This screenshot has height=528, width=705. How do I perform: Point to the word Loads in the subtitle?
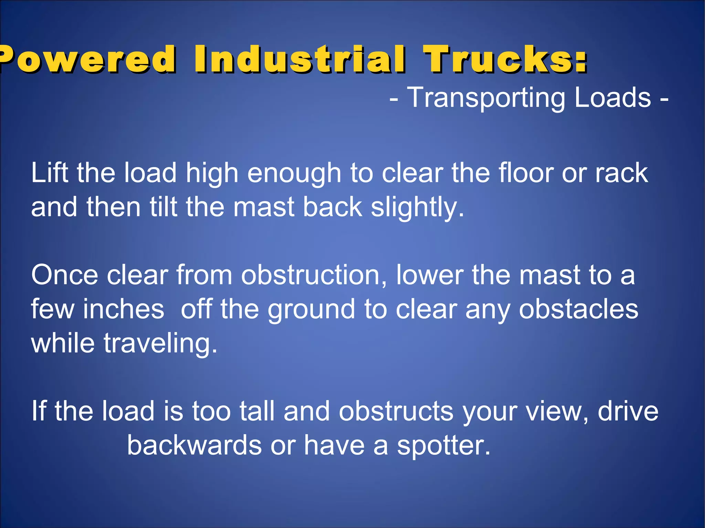tap(613, 98)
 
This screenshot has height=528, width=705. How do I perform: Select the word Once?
tap(64, 275)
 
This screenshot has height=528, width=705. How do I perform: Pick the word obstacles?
tap(578, 309)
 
